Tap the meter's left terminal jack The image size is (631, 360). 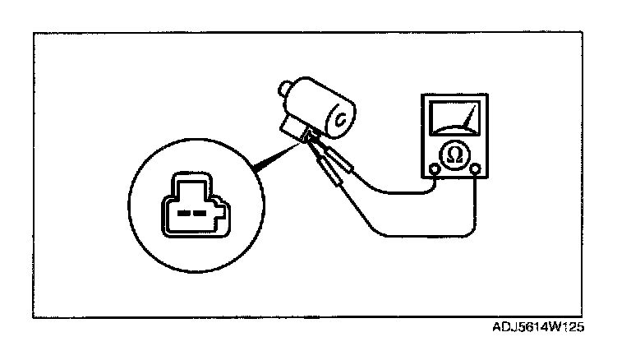[434, 170]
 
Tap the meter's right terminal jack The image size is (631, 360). [476, 169]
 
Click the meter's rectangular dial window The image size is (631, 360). [454, 119]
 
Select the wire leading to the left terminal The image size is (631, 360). [394, 192]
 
